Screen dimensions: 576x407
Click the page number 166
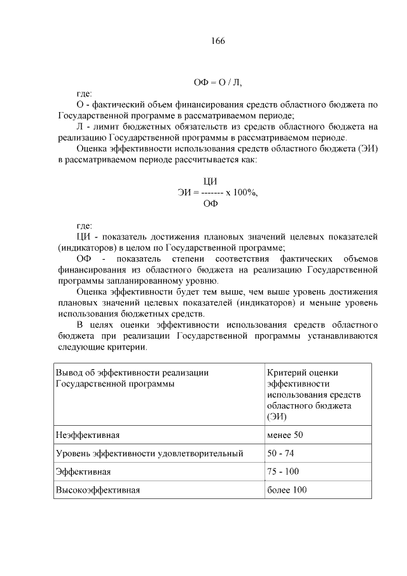(217, 41)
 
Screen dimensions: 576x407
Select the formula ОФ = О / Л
(217, 83)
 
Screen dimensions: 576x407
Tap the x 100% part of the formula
(242, 192)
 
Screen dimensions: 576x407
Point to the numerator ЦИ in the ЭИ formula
(209, 181)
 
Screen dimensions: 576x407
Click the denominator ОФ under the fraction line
(210, 204)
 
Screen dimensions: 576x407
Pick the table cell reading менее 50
(285, 435)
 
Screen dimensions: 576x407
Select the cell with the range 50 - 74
(280, 453)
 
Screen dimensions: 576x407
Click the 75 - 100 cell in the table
(283, 472)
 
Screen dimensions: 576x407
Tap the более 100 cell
(287, 490)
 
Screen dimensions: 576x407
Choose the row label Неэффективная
(88, 435)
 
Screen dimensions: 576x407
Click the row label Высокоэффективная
(98, 490)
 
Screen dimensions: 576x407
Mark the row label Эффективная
(84, 472)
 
